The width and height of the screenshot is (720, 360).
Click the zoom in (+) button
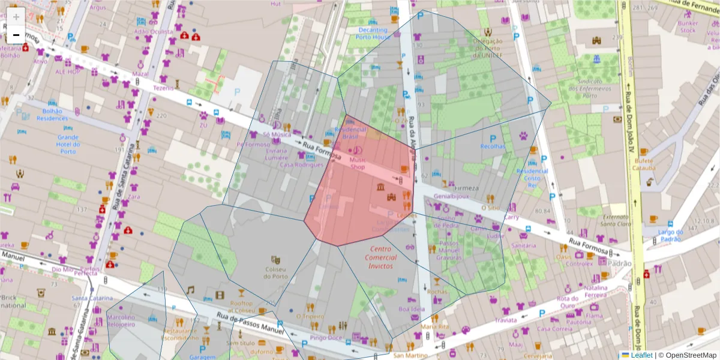(x=16, y=17)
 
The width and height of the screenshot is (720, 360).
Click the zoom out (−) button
(x=16, y=35)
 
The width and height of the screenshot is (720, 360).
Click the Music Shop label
(x=357, y=163)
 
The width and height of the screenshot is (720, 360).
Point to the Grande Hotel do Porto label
(x=67, y=144)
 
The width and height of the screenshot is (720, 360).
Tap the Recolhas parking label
(x=493, y=146)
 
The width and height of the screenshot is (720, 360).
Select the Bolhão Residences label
(x=52, y=115)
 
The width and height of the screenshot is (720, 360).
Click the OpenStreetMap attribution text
(x=688, y=355)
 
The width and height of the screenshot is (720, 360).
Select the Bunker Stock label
(x=688, y=26)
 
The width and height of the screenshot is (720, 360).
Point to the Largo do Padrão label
(x=670, y=236)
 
